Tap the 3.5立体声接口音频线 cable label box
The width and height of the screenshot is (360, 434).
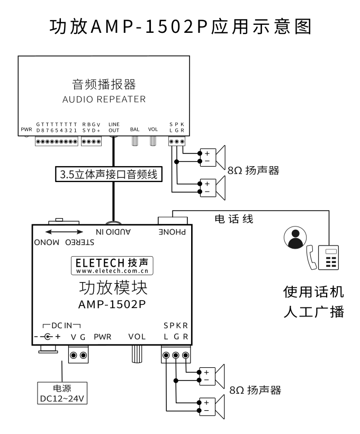(x=108, y=174)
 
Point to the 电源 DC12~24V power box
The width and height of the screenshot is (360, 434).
(x=62, y=392)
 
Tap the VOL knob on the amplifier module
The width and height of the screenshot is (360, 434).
(x=137, y=354)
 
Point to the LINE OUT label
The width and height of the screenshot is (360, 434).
(x=114, y=126)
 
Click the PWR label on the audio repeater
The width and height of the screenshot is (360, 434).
(x=26, y=129)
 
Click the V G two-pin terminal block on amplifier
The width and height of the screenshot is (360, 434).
(x=79, y=355)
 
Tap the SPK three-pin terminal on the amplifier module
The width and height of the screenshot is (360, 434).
(x=175, y=355)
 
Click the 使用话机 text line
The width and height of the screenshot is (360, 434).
(x=314, y=291)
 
